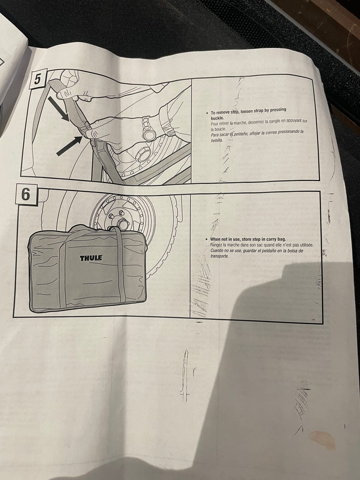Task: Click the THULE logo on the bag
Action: [x=91, y=258]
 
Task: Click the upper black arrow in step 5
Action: [x=58, y=108]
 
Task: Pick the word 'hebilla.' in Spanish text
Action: [x=217, y=141]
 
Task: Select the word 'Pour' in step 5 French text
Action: [x=214, y=124]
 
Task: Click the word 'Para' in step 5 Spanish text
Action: [x=214, y=135]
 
